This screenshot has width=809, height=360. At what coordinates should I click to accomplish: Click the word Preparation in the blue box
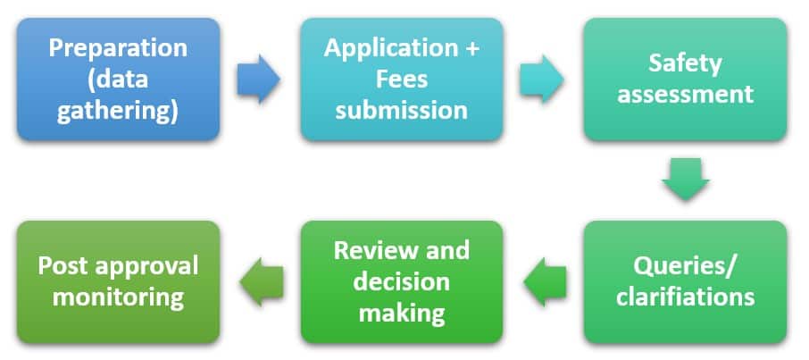click(119, 47)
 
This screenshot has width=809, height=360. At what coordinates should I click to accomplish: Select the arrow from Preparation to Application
click(258, 80)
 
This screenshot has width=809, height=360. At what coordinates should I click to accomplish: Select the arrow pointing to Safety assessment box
click(542, 80)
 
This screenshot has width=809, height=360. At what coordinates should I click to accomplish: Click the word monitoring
click(119, 297)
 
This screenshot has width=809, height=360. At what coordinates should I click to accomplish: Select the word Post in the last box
click(62, 266)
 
